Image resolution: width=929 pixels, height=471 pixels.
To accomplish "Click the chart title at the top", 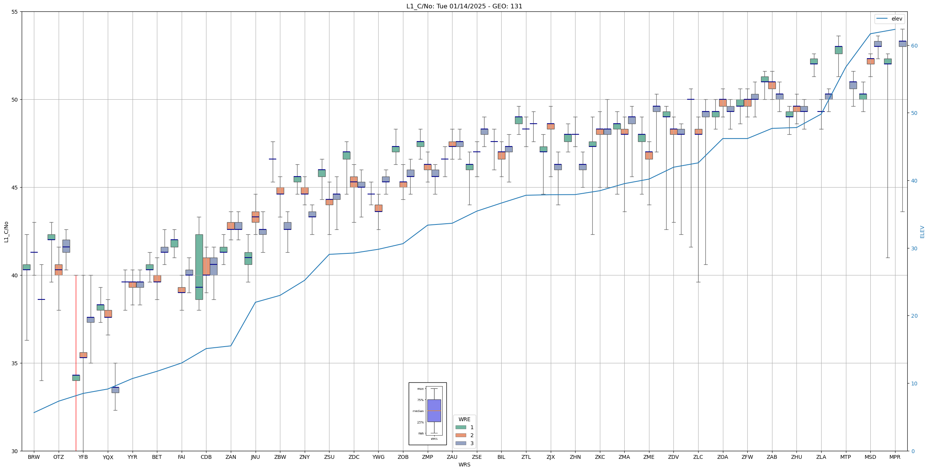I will [x=464, y=6].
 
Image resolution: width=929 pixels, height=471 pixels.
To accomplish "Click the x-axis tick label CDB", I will [x=206, y=457].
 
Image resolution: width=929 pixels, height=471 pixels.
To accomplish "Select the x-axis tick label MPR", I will [x=895, y=457].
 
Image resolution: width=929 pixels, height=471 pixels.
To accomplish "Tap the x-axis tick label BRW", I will [x=34, y=457].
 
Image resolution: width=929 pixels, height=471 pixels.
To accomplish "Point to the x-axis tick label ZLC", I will [x=698, y=457].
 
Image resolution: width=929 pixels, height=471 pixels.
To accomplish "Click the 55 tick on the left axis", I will [x=15, y=12].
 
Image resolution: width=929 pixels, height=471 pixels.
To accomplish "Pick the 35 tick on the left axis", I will [x=15, y=363].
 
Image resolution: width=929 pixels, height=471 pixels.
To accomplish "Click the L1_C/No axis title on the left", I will [x=6, y=231].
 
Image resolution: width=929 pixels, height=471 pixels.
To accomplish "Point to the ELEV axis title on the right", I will [x=922, y=232].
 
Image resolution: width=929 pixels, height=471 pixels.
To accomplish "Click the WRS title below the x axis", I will [x=464, y=465].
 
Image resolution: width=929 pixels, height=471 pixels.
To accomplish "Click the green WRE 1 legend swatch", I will [x=461, y=427].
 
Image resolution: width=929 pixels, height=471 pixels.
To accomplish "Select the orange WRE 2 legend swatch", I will [x=461, y=435].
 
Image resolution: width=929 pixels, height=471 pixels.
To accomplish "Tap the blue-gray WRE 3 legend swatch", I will [x=461, y=443].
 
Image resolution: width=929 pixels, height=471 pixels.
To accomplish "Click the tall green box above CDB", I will [x=199, y=267].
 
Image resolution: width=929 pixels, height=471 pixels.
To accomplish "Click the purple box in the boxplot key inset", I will [x=434, y=411].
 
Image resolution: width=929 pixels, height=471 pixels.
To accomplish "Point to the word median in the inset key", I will [x=418, y=411].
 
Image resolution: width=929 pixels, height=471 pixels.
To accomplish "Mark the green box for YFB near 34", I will [x=76, y=378].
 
